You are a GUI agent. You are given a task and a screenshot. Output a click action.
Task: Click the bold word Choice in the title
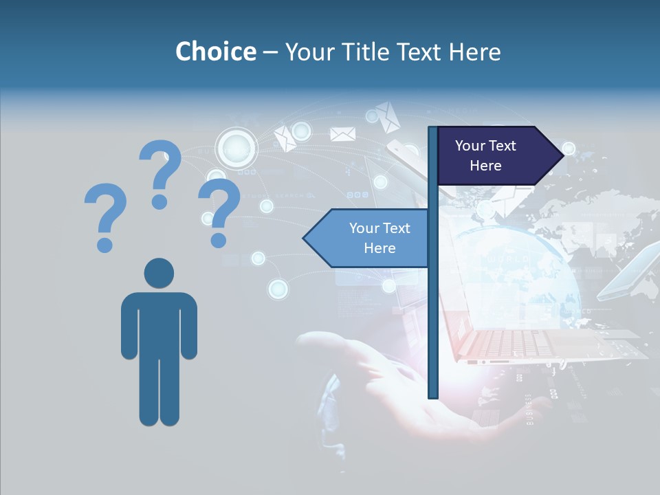[215, 52]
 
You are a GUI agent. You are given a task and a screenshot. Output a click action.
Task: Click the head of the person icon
[159, 273]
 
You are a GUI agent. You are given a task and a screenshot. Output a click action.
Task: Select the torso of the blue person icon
[159, 323]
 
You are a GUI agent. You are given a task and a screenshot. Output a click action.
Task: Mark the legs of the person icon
[159, 392]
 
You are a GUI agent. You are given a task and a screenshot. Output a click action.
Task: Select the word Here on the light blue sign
[379, 248]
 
